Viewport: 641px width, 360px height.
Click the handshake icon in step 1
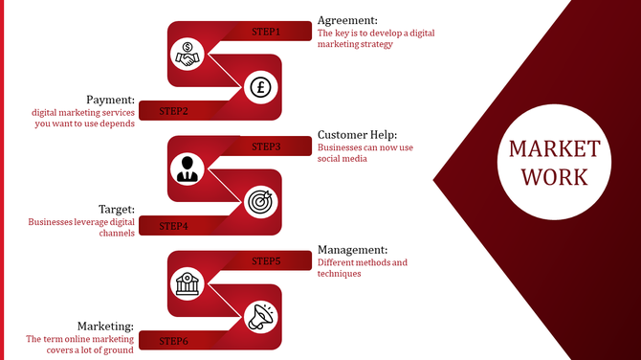click(186, 55)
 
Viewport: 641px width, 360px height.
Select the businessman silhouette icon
click(186, 169)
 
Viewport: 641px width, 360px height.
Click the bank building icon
click(186, 283)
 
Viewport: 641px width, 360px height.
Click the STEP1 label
click(266, 32)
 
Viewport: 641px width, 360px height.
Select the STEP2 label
click(173, 111)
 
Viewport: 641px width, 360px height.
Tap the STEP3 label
click(266, 146)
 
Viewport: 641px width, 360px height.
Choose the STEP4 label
click(173, 226)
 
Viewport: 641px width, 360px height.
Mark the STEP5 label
click(266, 260)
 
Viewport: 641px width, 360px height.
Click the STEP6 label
click(173, 340)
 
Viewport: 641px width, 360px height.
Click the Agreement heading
click(347, 20)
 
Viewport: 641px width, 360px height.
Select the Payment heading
click(110, 100)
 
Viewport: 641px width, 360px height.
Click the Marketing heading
click(105, 326)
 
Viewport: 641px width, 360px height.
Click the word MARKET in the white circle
click(554, 150)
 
